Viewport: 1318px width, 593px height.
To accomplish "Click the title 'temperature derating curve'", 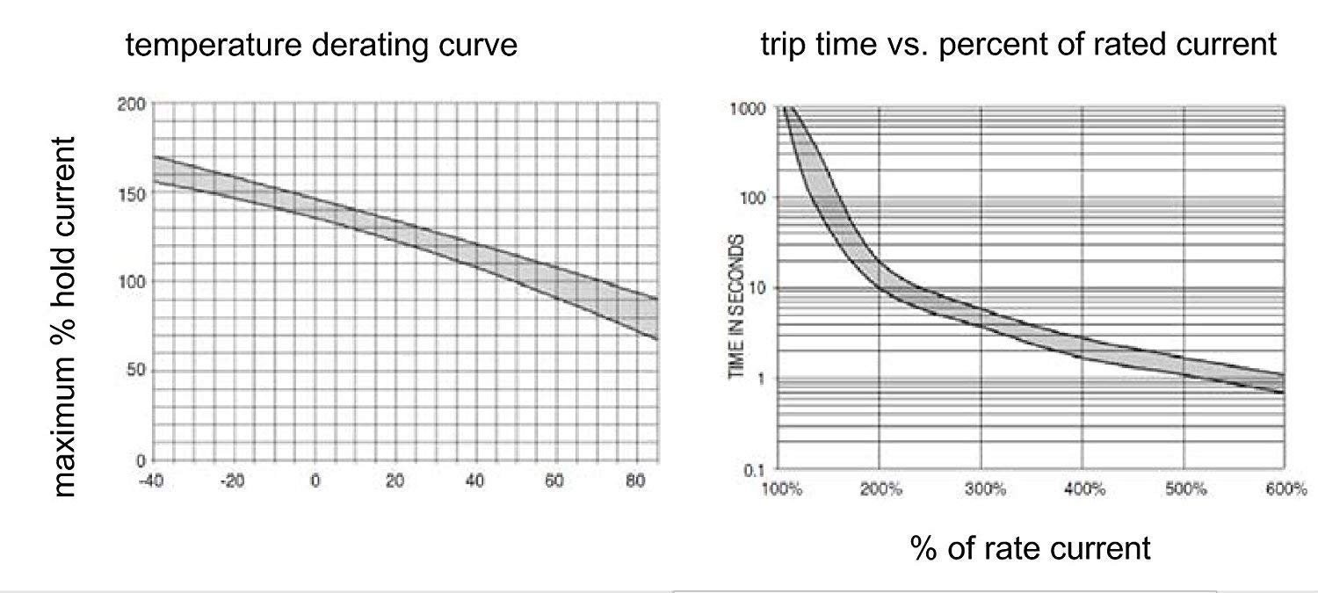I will [x=322, y=44].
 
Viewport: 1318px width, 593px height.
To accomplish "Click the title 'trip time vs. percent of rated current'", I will [x=1018, y=44].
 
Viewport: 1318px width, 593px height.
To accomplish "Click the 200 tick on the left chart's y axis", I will [x=130, y=104].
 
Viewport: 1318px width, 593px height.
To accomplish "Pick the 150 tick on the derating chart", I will [x=130, y=193].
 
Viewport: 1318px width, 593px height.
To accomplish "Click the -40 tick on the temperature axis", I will [x=152, y=481].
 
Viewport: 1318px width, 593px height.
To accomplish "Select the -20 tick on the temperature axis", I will [x=233, y=481].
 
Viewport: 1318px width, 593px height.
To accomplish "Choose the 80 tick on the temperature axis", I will [x=636, y=481].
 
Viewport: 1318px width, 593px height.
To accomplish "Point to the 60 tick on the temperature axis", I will [x=555, y=481].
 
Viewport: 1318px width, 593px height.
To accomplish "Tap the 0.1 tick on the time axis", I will [x=756, y=470].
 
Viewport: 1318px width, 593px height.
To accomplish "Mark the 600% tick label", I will [x=1286, y=489].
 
